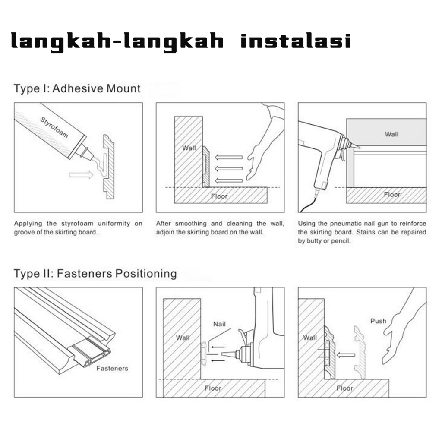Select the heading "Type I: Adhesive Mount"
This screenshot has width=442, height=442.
(x=77, y=88)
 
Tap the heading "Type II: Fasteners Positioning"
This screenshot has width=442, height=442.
(x=95, y=273)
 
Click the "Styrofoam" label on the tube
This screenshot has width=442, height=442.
(x=54, y=127)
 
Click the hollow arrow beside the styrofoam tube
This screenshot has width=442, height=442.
(x=81, y=175)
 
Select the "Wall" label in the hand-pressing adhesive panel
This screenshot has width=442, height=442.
(x=189, y=148)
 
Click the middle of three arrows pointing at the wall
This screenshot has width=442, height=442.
(x=229, y=169)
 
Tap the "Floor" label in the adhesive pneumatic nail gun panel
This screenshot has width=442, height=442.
(x=392, y=195)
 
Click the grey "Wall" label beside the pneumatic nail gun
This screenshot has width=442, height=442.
(x=391, y=134)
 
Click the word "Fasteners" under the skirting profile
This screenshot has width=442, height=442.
(x=112, y=369)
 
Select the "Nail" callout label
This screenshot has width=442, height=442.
(x=219, y=324)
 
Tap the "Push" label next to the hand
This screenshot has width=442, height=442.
(x=378, y=321)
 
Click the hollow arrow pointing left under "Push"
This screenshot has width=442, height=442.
(x=346, y=355)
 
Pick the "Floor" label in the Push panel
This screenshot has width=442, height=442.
(x=345, y=388)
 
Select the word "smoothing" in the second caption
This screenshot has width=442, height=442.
(x=191, y=224)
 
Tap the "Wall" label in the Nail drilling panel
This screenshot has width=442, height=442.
(x=183, y=338)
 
